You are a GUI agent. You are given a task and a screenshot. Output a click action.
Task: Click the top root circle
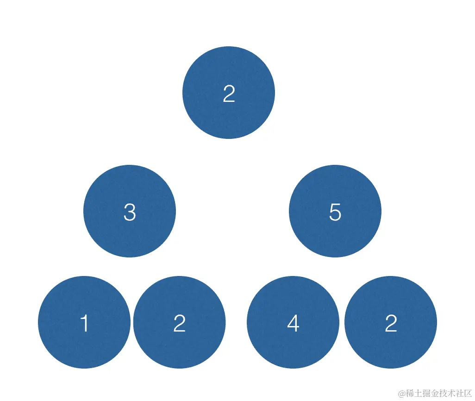click(x=229, y=93)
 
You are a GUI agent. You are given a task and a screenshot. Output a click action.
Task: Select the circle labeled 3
click(x=130, y=211)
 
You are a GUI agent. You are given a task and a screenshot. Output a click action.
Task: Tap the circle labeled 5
click(x=335, y=211)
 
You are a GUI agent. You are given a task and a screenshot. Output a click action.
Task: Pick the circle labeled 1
click(x=84, y=322)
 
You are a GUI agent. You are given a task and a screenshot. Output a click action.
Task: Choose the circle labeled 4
click(x=293, y=322)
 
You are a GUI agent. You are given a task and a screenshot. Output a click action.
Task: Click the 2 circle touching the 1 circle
click(x=179, y=322)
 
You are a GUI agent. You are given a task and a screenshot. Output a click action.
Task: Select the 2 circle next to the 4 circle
click(x=391, y=322)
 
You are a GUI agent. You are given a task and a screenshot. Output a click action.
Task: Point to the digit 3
click(x=130, y=213)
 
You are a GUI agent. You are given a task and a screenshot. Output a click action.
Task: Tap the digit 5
click(x=335, y=213)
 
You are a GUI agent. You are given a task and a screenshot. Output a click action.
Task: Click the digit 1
click(x=84, y=323)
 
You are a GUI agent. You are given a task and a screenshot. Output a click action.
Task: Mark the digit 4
click(x=293, y=323)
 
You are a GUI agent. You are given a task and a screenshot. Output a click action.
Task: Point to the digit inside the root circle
click(x=229, y=94)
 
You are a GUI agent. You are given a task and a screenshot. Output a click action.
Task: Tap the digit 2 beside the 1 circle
click(x=179, y=323)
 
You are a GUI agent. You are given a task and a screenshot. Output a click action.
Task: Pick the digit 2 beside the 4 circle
click(x=391, y=323)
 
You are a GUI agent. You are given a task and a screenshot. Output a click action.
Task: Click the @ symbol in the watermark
click(x=402, y=393)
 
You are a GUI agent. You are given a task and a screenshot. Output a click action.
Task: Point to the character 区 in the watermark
click(x=467, y=393)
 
